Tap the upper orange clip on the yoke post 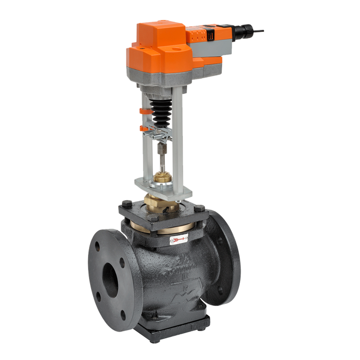142,110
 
